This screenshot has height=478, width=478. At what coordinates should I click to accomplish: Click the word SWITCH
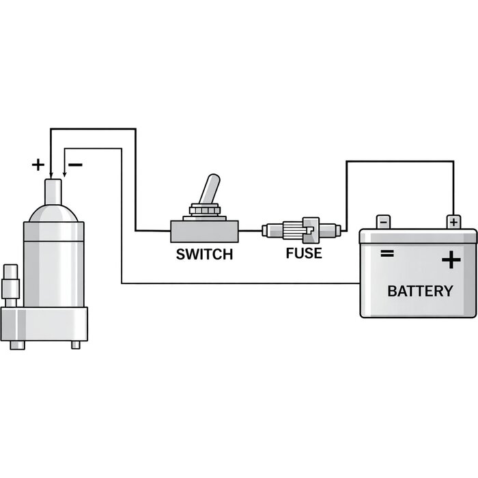[204, 255]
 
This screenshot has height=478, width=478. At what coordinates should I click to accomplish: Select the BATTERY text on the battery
[419, 292]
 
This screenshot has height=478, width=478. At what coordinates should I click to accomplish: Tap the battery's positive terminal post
[453, 222]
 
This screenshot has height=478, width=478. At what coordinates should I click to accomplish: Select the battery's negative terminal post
[384, 222]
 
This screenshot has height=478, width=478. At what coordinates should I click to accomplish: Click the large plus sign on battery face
[451, 261]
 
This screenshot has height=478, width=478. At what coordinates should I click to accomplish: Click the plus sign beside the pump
[38, 165]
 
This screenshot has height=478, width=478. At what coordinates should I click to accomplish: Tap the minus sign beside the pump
[76, 165]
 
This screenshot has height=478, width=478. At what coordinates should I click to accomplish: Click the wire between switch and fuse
[250, 231]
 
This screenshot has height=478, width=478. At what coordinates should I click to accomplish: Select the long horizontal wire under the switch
[239, 283]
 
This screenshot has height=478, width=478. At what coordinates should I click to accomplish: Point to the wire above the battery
[399, 161]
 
